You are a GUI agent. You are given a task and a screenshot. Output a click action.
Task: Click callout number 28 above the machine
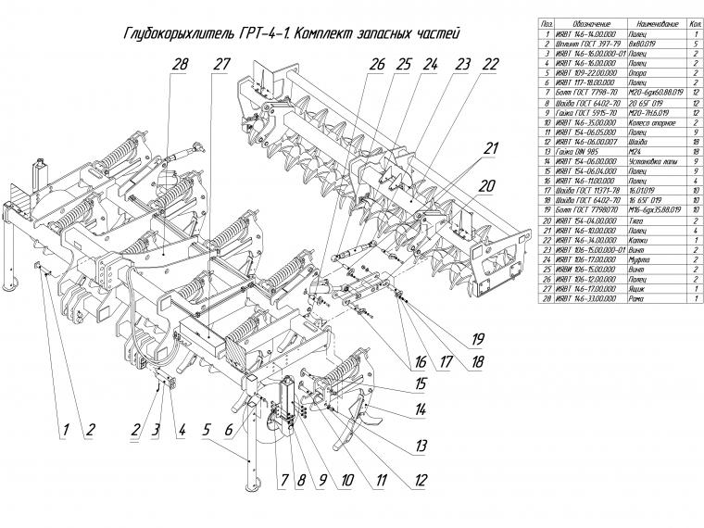180,65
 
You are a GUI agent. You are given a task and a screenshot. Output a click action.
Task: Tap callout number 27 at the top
220,65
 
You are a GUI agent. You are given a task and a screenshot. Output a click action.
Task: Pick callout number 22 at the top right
491,65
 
